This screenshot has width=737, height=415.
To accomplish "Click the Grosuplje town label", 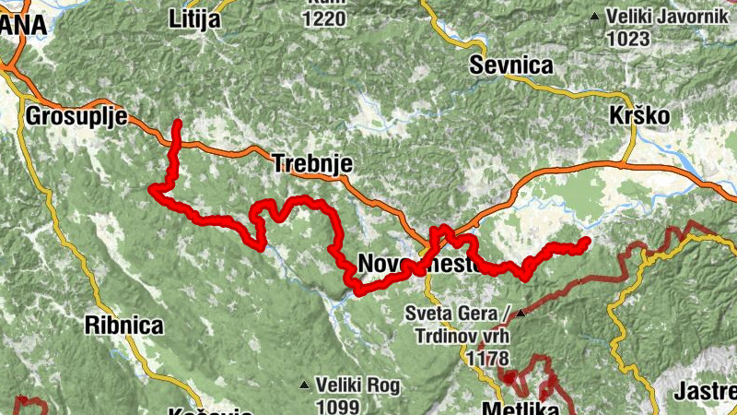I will point(76,117).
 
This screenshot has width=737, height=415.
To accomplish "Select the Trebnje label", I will point(313,163).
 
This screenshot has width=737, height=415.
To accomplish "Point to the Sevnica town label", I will point(510,65).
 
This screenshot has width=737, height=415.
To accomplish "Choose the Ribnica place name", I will point(123,325).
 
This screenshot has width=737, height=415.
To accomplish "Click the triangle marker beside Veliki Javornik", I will point(596,17).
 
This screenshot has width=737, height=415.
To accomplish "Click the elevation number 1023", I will point(629,40).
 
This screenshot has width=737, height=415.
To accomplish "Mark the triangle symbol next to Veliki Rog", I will point(304,385).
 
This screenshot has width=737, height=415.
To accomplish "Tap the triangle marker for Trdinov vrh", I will point(521,314).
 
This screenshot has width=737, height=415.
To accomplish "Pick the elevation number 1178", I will point(488,356).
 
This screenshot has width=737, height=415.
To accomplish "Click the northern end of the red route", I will point(177,123).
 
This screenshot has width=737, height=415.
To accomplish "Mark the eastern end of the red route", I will point(585,242).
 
